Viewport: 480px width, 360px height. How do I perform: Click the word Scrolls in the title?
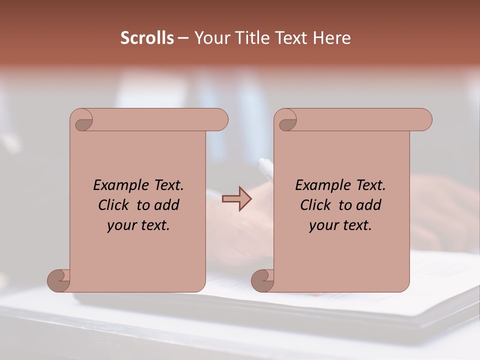coord(147,38)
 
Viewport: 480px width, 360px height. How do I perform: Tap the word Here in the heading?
coord(331,38)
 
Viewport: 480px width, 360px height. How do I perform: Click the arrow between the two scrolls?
coord(237,199)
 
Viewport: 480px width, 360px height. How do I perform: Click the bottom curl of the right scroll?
coord(262,280)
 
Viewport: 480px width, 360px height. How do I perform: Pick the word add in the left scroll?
coord(167,205)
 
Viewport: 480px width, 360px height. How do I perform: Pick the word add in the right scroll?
coord(369,205)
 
